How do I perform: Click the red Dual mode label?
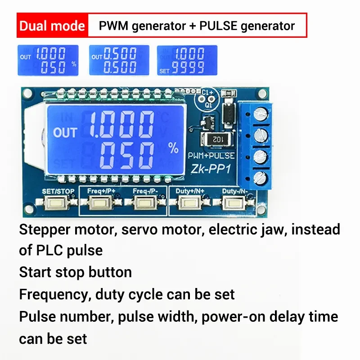[x=52, y=26]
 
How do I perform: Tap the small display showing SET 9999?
[x=187, y=60]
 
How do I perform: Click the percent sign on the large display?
[x=173, y=147]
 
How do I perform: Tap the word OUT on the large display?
[x=65, y=133]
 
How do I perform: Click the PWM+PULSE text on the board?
[x=211, y=156]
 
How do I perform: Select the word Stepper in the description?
[x=45, y=230]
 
